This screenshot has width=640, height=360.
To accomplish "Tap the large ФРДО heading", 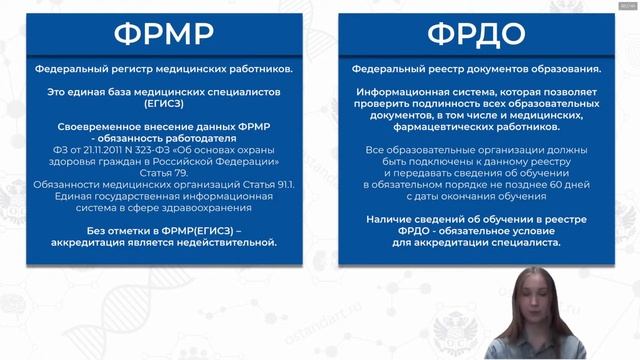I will pyautogui.click(x=476, y=36).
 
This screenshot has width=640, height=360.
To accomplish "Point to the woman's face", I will pyautogui.click(x=540, y=300).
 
